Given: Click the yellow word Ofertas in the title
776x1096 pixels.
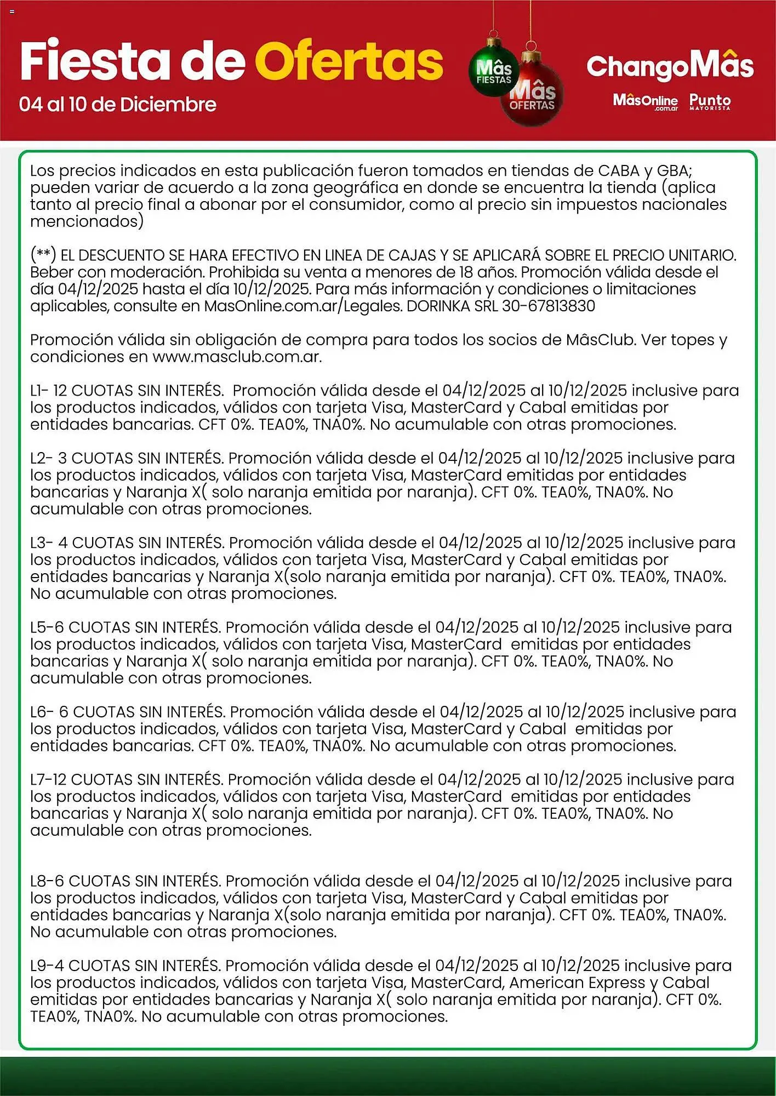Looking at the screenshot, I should [349, 61].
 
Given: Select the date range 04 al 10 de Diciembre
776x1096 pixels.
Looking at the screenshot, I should [118, 104].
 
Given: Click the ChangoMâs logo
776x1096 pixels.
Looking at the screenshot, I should [670, 66].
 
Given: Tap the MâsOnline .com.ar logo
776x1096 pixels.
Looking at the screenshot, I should [646, 101].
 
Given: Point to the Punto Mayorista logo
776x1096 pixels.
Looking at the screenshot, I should [710, 101].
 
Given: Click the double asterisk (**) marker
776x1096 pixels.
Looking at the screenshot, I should [43, 255].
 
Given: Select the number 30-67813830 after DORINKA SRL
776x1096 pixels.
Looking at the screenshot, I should [548, 306].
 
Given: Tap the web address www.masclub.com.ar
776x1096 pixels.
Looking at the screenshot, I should [236, 357].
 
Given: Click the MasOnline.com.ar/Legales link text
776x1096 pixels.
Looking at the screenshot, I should [303, 306].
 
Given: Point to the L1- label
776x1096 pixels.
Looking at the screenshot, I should [39, 391].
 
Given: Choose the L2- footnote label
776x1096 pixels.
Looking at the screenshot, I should [41, 458].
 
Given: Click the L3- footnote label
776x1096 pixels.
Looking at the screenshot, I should [41, 543].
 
